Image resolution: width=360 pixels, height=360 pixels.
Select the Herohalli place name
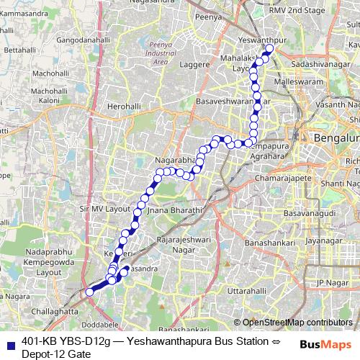(x=122, y=106)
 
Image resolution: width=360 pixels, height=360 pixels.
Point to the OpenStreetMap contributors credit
(x=292, y=323)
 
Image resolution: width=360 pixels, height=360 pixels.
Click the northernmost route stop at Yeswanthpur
(x=270, y=49)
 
